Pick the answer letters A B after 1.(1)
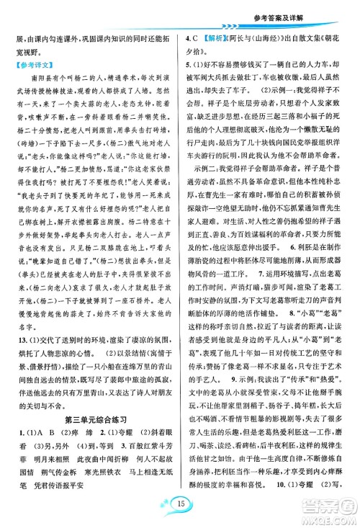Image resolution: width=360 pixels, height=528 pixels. click(x=38, y=433)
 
